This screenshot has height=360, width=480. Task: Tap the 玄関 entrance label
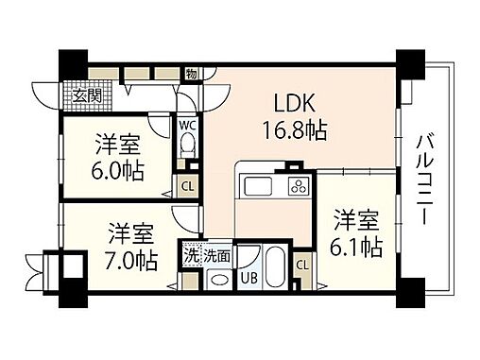[88, 94]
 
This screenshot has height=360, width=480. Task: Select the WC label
[187, 124]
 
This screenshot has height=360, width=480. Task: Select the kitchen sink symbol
[257, 184]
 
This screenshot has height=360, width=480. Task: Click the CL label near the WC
[187, 185]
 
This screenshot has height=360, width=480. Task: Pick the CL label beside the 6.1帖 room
[302, 265]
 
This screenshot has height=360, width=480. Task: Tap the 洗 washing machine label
[191, 255]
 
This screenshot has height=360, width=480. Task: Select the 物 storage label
[190, 73]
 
